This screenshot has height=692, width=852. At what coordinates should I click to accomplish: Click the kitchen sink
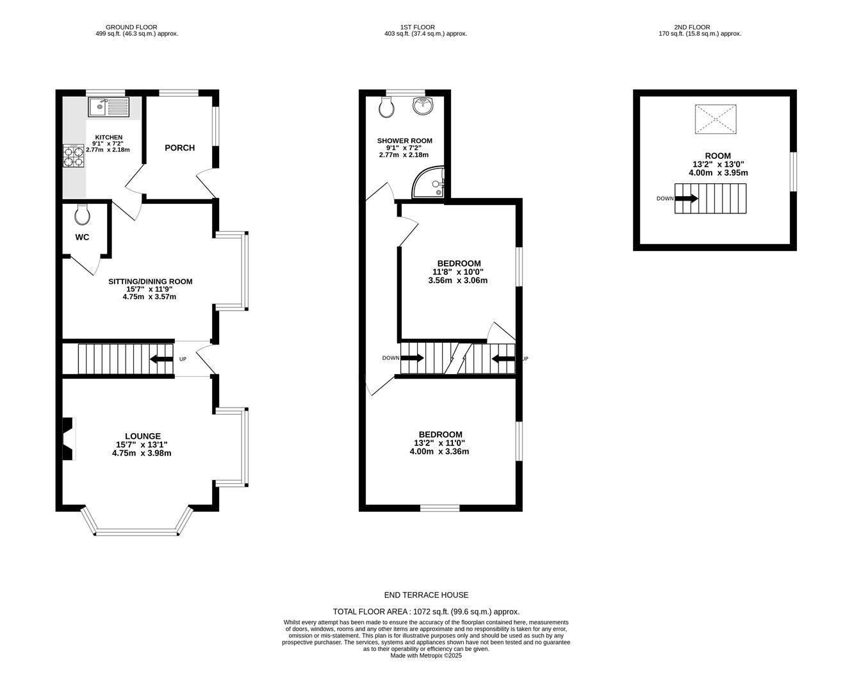click(x=108, y=107)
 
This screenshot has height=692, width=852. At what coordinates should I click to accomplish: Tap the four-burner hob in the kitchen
click(x=73, y=156)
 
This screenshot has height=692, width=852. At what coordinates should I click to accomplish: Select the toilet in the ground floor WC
click(x=83, y=215)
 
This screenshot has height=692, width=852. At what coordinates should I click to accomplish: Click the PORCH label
click(x=179, y=147)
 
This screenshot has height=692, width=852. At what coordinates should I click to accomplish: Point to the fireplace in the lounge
click(x=69, y=439)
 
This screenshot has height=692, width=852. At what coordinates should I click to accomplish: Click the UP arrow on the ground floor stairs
click(x=161, y=359)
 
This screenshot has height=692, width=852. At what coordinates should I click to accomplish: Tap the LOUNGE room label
click(x=143, y=436)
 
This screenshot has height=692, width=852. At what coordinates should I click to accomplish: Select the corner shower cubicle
click(x=429, y=182)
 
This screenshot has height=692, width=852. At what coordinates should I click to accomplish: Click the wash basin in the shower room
click(x=422, y=106)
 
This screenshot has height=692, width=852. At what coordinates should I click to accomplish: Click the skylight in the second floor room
click(x=716, y=119)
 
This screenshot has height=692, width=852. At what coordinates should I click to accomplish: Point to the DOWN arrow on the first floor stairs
click(x=412, y=358)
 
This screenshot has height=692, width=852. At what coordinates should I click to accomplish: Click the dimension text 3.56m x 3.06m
click(x=457, y=281)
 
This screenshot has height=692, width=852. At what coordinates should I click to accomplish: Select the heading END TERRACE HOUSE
click(x=426, y=595)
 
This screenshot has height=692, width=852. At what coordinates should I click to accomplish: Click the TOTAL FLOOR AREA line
click(x=426, y=612)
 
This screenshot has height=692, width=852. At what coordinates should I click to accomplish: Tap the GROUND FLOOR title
click(x=131, y=27)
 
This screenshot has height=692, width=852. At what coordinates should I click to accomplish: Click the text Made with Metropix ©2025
click(x=426, y=655)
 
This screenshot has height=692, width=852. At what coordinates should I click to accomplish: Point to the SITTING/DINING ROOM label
click(x=151, y=281)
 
